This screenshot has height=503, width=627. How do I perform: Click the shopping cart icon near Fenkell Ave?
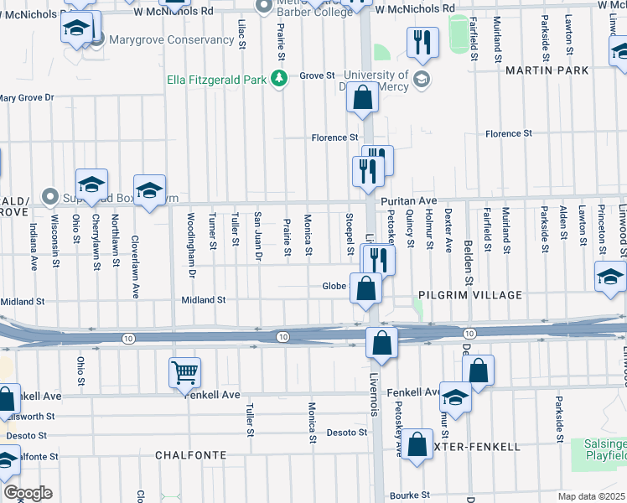point(184,371)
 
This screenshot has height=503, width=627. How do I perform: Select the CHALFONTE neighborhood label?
point(191,454)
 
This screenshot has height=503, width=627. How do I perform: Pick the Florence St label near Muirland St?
point(509,133)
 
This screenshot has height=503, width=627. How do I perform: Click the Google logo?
point(28,492)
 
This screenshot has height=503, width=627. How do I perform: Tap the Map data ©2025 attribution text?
point(592,496)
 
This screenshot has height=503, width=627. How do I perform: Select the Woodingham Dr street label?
point(191,251)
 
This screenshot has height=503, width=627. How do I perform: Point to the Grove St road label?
point(317,75)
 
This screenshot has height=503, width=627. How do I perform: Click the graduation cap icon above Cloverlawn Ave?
point(149,191)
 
